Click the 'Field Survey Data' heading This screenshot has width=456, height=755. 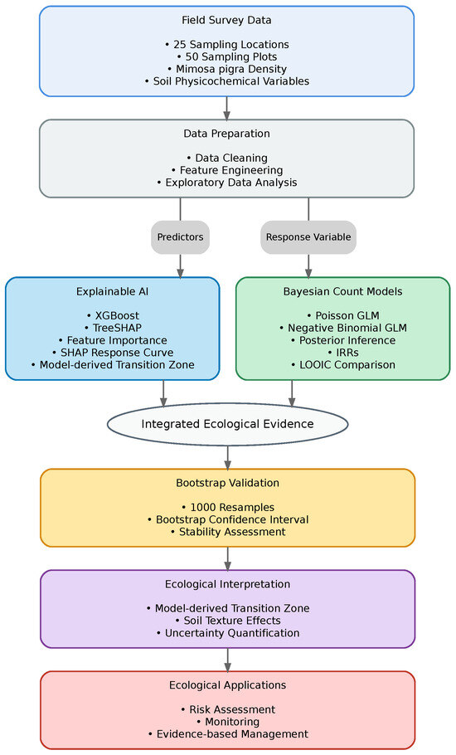226,20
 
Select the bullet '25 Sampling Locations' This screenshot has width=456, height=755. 226,44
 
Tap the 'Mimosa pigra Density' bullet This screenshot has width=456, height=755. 226,69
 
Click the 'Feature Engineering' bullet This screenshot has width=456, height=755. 227,170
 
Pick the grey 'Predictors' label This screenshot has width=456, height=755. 181,237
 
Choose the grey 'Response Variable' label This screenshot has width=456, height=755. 308,237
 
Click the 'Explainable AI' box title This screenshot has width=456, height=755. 113,291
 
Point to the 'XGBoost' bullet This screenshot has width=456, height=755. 113,316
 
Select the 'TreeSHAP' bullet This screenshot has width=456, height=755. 113,328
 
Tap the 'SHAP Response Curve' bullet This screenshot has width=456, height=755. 113,353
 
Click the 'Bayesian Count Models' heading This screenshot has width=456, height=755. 343,291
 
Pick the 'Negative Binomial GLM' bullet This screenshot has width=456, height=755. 343,328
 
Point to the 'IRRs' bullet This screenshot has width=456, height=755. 343,353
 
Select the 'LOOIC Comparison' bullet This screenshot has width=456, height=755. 343,365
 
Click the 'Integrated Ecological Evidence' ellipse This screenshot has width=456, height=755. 227,424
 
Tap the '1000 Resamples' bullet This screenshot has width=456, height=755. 227,508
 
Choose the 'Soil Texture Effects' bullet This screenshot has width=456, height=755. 227,621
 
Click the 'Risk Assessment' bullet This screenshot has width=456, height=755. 227,709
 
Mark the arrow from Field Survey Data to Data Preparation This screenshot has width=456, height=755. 226,109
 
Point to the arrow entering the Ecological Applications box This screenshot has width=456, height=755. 227,660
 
